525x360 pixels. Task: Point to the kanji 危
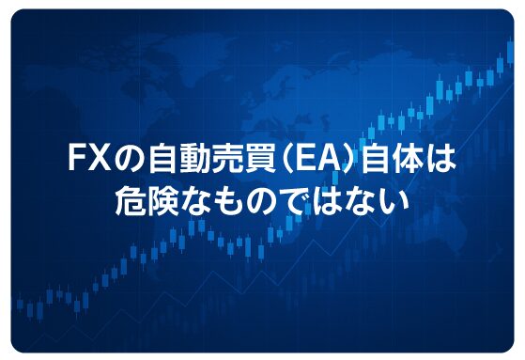(130, 200)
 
